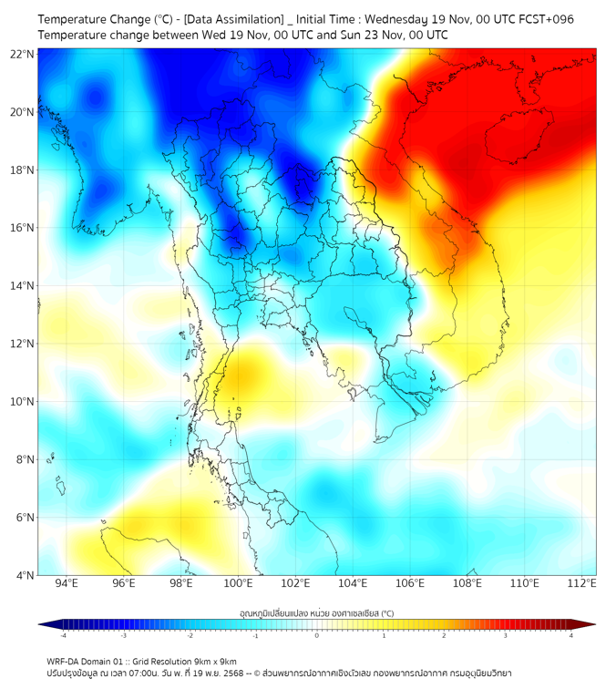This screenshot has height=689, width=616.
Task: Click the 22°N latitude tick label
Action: (23, 54)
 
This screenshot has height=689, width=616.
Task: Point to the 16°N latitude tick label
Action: (23, 228)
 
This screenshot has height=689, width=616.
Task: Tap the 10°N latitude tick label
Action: (23, 402)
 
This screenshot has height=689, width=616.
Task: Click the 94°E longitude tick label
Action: (67, 583)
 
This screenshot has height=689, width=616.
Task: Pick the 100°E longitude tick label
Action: (238, 583)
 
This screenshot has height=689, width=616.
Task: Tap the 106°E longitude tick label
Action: (410, 583)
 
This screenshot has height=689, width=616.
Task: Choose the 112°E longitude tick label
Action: (581, 583)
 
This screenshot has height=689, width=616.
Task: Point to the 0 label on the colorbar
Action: (317, 635)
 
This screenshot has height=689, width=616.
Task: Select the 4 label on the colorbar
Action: (571, 635)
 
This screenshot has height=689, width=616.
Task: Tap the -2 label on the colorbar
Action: (190, 635)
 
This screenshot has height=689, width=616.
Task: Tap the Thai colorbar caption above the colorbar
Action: (317, 613)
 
